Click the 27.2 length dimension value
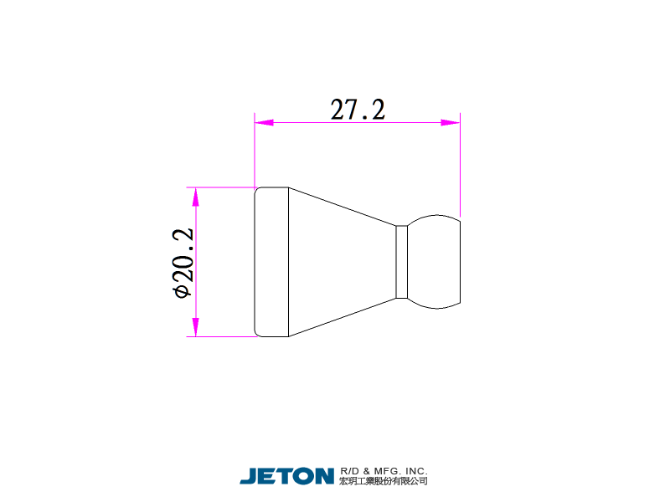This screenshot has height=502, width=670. pyautogui.click(x=358, y=110)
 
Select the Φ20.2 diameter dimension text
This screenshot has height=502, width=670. pyautogui.click(x=183, y=263)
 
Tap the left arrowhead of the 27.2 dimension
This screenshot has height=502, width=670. pyautogui.click(x=264, y=122)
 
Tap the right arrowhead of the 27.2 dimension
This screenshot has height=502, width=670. pyautogui.click(x=451, y=122)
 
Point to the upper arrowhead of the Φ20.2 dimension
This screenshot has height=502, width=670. pyautogui.click(x=196, y=197)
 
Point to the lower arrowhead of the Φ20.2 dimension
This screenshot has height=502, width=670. pyautogui.click(x=196, y=327)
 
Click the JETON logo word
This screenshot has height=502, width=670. pyautogui.click(x=286, y=476)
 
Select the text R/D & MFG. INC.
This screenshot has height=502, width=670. pyautogui.click(x=384, y=471)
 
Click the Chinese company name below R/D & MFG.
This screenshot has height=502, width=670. pyautogui.click(x=384, y=481)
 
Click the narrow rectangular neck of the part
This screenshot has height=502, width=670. pyautogui.click(x=401, y=262)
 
